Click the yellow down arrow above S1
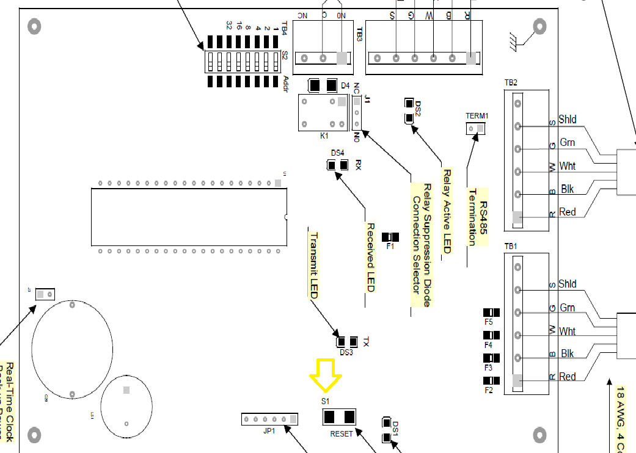325,374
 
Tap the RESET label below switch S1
342,434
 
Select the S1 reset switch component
339,417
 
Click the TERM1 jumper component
476,128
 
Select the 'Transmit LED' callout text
313,265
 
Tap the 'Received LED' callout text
370,257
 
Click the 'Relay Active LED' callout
447,211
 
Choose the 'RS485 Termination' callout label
478,217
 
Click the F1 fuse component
390,237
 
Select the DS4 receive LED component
337,165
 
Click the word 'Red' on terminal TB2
567,212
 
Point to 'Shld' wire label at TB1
567,284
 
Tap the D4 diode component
323,85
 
